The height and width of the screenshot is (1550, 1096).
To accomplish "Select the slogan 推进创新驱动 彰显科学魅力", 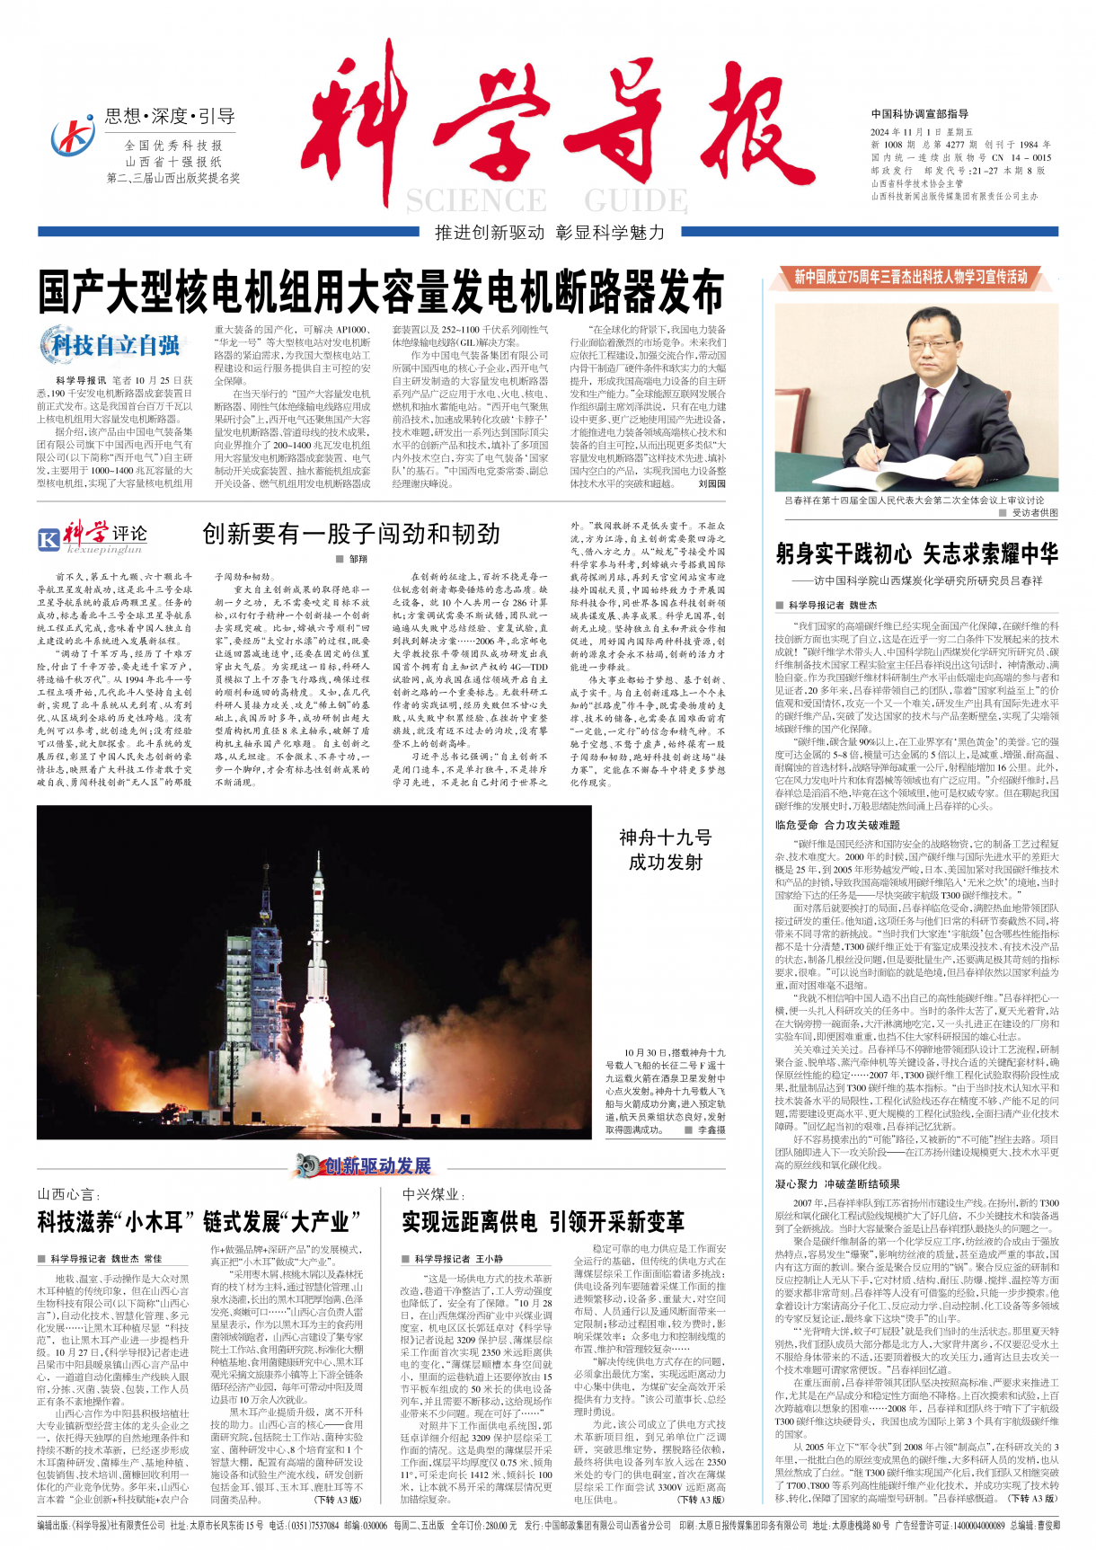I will pyautogui.click(x=550, y=233).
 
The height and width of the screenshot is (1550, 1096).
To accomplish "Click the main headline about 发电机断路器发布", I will pyautogui.click(x=381, y=291).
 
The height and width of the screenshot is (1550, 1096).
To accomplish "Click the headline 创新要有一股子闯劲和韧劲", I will pyautogui.click(x=351, y=534).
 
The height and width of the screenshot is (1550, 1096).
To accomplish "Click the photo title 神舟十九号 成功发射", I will pyautogui.click(x=665, y=849).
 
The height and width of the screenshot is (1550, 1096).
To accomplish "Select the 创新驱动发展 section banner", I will pyautogui.click(x=364, y=1165).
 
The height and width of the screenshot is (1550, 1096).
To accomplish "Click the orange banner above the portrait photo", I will pyautogui.click(x=910, y=277).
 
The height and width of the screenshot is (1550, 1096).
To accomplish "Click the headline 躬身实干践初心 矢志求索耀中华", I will pyautogui.click(x=916, y=554).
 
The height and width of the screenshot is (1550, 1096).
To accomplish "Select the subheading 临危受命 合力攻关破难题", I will pyautogui.click(x=837, y=825).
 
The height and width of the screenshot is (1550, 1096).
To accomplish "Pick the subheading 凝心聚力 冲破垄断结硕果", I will pyautogui.click(x=837, y=1184).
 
